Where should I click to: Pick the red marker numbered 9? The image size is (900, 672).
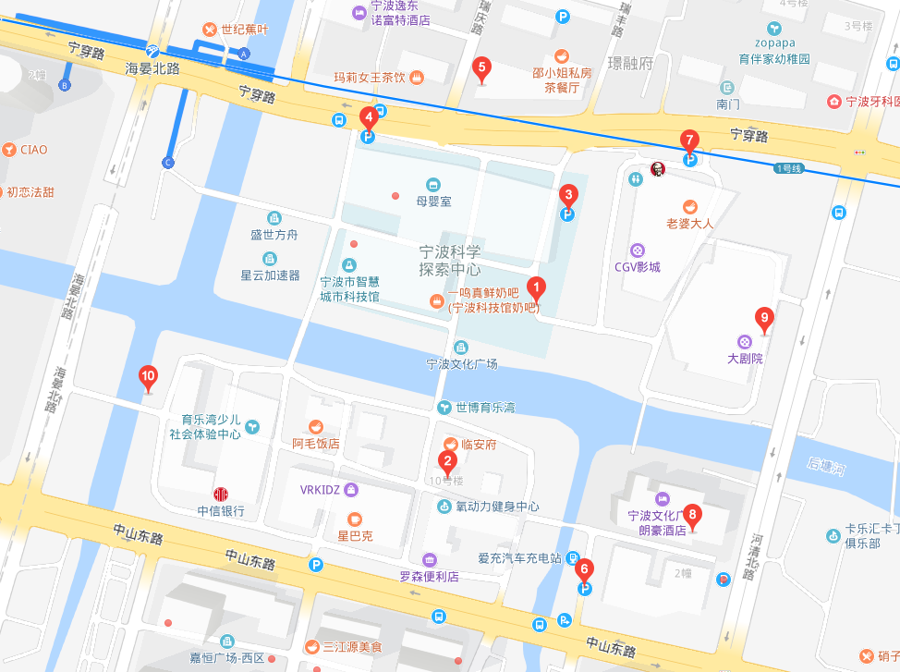point(762,320)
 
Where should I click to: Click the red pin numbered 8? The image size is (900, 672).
point(693,517)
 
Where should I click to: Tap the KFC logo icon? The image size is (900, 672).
point(657,169)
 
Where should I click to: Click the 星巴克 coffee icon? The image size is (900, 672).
point(355,519)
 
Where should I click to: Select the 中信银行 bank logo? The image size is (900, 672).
point(221,495)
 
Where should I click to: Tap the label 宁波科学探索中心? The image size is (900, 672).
point(450,261)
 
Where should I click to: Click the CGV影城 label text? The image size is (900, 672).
point(638,267)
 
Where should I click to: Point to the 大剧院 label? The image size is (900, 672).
point(745,359)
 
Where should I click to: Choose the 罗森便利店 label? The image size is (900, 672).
point(430,576)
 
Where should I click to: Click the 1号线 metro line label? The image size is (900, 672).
point(789,168)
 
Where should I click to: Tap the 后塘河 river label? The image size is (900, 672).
point(826,468)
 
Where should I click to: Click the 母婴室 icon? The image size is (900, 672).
point(432,185)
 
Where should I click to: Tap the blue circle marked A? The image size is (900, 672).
point(245,55)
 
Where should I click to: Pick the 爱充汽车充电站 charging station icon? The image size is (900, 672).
point(573,558)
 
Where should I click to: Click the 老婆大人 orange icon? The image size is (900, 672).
point(689,206)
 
